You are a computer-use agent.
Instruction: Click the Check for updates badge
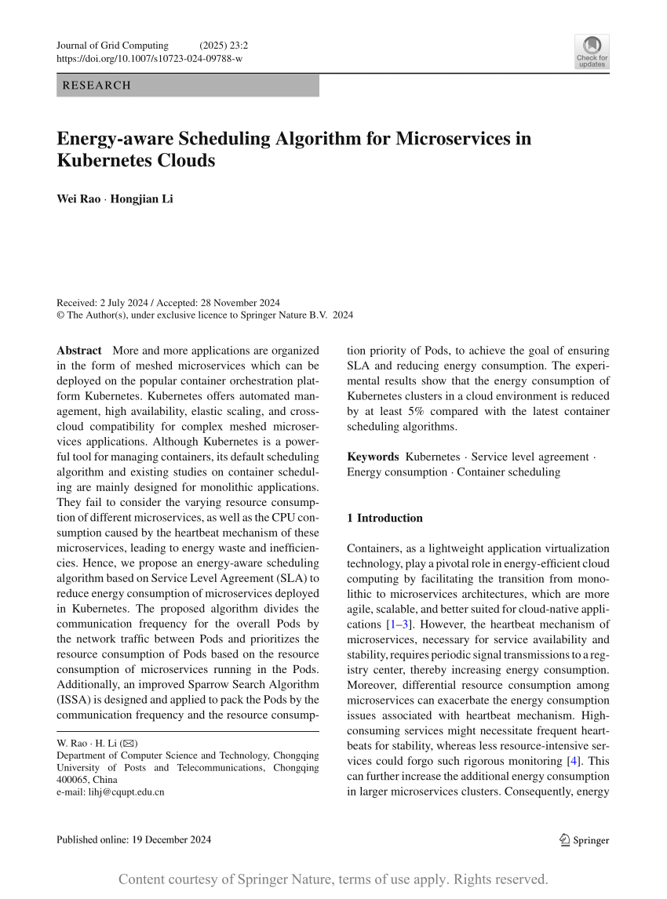[x=592, y=51]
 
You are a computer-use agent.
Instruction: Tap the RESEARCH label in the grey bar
[x=97, y=86]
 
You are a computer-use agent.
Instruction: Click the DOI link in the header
[x=150, y=59]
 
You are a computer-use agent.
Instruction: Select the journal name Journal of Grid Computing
[x=112, y=45]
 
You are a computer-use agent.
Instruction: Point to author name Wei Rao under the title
[x=78, y=198]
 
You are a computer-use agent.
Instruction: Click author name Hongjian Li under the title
[x=142, y=198]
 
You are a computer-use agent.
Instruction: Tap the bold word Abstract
[x=79, y=350]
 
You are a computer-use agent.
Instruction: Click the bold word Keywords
[x=373, y=457]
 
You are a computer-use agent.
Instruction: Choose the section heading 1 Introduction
[x=385, y=518]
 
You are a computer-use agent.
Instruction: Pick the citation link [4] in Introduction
[x=576, y=761]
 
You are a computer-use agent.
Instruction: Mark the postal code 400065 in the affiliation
[x=74, y=780]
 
